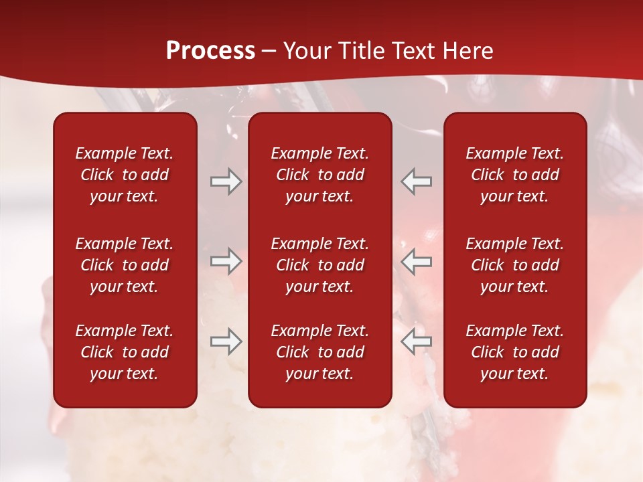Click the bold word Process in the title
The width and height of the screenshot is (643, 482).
tap(210, 51)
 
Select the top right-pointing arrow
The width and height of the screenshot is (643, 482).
tap(226, 181)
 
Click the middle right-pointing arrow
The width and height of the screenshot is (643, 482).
tap(226, 261)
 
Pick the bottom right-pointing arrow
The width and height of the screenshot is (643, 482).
tap(226, 341)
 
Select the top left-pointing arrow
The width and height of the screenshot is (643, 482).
tap(417, 181)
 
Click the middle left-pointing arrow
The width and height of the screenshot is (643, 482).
tap(417, 261)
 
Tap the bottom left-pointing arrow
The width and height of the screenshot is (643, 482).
tap(417, 341)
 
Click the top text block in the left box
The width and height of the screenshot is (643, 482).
tap(125, 175)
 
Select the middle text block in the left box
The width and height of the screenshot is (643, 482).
tap(125, 265)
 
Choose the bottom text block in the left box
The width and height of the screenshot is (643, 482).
tap(125, 352)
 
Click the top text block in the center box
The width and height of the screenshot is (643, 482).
tap(319, 175)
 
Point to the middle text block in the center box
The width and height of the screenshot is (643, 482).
tap(319, 265)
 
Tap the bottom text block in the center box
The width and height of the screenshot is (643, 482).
tap(319, 352)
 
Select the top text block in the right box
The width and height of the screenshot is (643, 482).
tap(514, 175)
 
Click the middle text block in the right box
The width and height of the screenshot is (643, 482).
tap(514, 265)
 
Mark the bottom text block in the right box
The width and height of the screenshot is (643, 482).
tap(514, 352)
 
